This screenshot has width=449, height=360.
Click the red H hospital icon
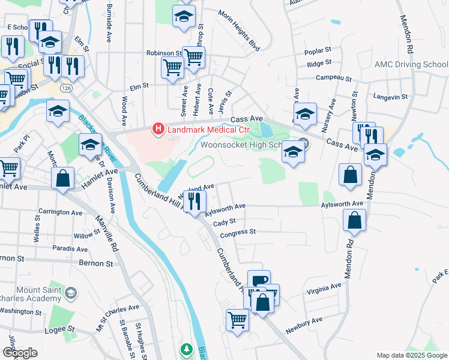click(158, 128)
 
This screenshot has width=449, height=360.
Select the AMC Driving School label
click(411, 64)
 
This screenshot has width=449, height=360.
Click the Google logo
click(19, 353)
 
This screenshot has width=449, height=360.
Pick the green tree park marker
click(187, 349)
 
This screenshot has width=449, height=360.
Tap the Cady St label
click(223, 222)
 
